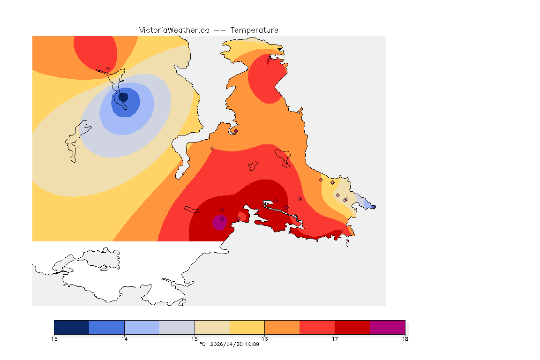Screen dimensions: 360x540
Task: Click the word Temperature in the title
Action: [x=254, y=30]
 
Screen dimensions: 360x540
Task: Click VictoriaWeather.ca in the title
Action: [x=174, y=30]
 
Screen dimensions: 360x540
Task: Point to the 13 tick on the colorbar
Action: [x=54, y=339]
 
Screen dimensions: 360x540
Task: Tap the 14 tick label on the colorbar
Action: [x=124, y=339]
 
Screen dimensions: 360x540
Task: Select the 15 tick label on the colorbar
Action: [x=195, y=339]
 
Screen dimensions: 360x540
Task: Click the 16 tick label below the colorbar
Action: [x=265, y=339]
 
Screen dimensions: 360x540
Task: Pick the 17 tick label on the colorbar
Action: [x=335, y=339]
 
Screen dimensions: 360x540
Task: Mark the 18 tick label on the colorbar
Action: [x=405, y=339]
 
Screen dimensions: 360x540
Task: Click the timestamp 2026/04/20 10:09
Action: [x=235, y=345]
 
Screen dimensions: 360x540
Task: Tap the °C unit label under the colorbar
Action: [x=202, y=345]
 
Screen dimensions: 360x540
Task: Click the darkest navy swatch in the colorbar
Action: [x=72, y=327]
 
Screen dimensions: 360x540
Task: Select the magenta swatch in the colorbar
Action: [x=387, y=327]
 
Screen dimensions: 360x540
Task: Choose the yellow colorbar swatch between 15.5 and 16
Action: [x=247, y=327]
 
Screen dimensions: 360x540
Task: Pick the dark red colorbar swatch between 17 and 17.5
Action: [x=352, y=327]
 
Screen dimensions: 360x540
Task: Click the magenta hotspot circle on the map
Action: [x=219, y=222]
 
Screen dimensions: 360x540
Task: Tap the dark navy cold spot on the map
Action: [x=123, y=97]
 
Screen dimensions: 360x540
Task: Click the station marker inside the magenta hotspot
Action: [x=222, y=218]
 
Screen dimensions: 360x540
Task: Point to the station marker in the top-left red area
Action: [x=108, y=68]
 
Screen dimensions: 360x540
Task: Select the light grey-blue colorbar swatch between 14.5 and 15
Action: [x=177, y=327]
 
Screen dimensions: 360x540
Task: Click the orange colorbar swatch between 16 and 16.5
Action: [x=282, y=327]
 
